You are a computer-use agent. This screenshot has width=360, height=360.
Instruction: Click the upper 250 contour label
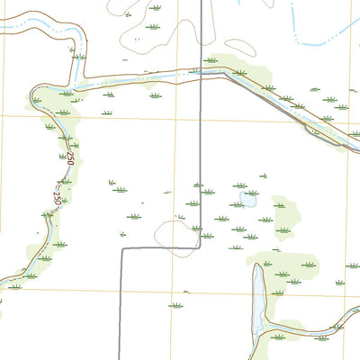pyautogui.click(x=68, y=160)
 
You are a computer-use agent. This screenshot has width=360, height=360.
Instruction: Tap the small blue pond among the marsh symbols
pyautogui.click(x=247, y=200)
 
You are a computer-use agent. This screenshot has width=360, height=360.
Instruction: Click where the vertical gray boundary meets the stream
pyautogui.click(x=199, y=78)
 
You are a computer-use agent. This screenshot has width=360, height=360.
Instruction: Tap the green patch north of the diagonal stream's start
pyautogui.click(x=239, y=66)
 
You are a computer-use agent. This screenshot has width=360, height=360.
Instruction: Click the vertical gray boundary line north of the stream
pyautogui.click(x=199, y=36)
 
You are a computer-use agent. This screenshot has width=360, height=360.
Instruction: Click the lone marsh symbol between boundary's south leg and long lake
pyautogui.click(x=176, y=306)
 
